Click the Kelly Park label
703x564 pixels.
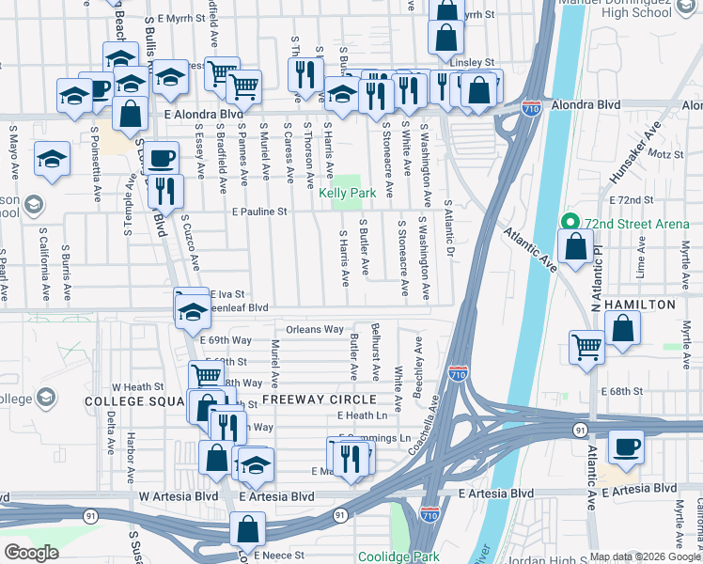(x=348, y=194)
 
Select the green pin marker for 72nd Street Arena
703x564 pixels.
(x=568, y=223)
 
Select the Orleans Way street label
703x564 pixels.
(x=315, y=330)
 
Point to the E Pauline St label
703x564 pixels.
(x=259, y=212)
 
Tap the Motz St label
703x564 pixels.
(x=664, y=153)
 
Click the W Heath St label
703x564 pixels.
(x=137, y=386)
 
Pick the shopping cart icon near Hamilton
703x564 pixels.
(x=587, y=347)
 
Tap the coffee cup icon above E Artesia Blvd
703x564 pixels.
(x=626, y=448)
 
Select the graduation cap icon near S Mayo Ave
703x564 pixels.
(x=53, y=159)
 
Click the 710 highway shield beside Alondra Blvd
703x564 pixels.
(x=532, y=108)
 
